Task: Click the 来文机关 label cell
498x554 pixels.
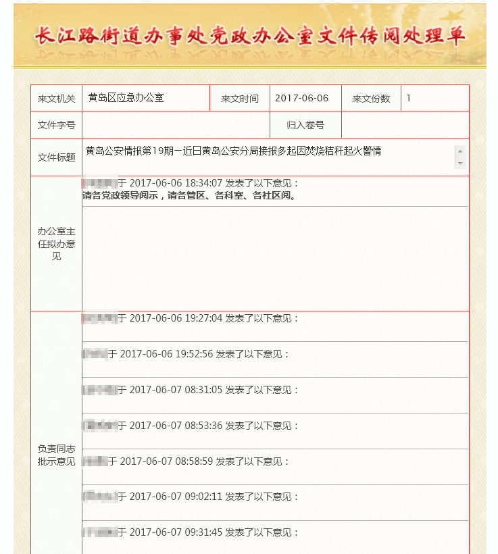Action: (56, 99)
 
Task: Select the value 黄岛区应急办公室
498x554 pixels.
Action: (126, 98)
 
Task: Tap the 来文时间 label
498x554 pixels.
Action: (239, 99)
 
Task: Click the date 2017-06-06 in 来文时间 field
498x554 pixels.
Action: (301, 98)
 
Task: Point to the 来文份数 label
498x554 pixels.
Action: (371, 99)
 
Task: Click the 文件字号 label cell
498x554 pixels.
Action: (56, 125)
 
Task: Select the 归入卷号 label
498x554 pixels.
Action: (305, 125)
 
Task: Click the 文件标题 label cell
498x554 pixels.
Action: (56, 157)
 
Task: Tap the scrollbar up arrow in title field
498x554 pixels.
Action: (460, 151)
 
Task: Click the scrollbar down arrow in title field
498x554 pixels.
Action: (460, 163)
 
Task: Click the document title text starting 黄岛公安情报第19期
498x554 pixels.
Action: (233, 151)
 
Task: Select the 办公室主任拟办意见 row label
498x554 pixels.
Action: (56, 244)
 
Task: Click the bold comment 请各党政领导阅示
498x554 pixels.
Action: (189, 196)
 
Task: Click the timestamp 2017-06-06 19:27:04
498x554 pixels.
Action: (176, 318)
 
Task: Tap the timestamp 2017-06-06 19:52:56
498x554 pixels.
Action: (166, 354)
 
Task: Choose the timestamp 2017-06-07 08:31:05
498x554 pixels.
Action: (176, 390)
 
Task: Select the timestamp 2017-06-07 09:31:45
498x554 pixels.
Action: (176, 532)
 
